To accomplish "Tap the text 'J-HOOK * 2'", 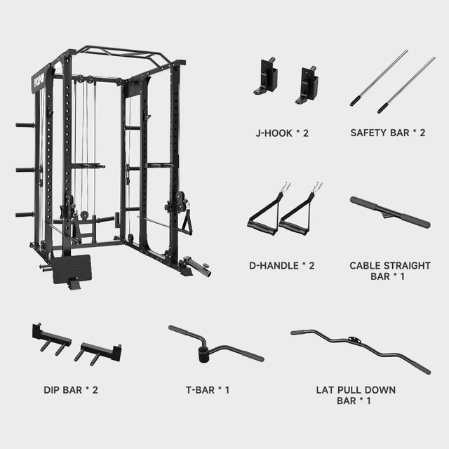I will pyautogui.click(x=280, y=132).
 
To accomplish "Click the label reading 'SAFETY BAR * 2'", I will pyautogui.click(x=388, y=132).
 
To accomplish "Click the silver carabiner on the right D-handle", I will pyautogui.click(x=316, y=187).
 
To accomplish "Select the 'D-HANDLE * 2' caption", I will pyautogui.click(x=280, y=265).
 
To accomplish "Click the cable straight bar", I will pyautogui.click(x=389, y=212).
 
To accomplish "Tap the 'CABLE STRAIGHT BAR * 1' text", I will pyautogui.click(x=390, y=271).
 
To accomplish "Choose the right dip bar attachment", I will pyautogui.click(x=98, y=350).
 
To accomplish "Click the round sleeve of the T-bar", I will pyautogui.click(x=204, y=351).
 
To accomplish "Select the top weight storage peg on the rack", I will pyautogui.click(x=25, y=126).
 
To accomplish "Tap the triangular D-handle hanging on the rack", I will pyautogui.click(x=187, y=224).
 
